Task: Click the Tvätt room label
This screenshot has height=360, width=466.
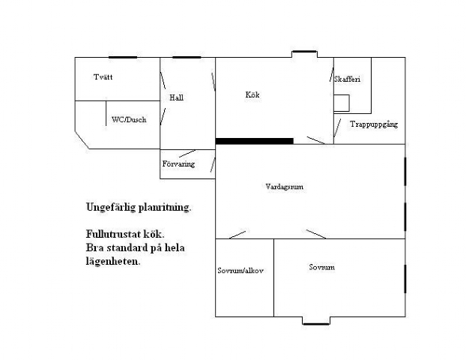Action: [103, 77]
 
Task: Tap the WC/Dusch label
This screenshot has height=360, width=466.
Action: [129, 119]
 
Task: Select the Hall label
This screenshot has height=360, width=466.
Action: [176, 97]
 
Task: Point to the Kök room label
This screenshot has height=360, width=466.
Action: [252, 94]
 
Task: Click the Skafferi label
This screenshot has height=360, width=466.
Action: [347, 79]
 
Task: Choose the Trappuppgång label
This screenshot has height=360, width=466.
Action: [374, 124]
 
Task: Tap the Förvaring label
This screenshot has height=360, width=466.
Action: [178, 164]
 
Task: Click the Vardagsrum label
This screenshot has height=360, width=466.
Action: [285, 187]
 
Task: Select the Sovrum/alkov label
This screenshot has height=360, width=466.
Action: [240, 271]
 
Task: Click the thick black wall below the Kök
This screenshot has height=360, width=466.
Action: [255, 141]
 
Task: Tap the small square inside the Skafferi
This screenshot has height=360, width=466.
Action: [342, 103]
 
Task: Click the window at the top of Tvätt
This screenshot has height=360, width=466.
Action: [123, 57]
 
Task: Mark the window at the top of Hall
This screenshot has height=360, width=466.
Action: [187, 57]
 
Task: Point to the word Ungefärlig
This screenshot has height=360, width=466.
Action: [111, 207]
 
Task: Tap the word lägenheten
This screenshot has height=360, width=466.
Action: [113, 262]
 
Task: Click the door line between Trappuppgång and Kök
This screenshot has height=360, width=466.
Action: [337, 127]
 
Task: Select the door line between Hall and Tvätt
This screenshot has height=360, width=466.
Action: [163, 80]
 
